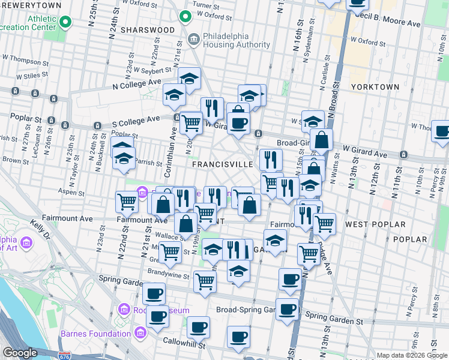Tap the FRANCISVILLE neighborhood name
pos(222,164)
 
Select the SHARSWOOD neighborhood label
pos(148,29)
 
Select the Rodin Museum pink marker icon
pos(124,310)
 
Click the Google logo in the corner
pos(20,353)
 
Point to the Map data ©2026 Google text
pos(411,355)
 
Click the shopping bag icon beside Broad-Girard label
pos(321,140)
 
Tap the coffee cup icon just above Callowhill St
pos(198,328)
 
